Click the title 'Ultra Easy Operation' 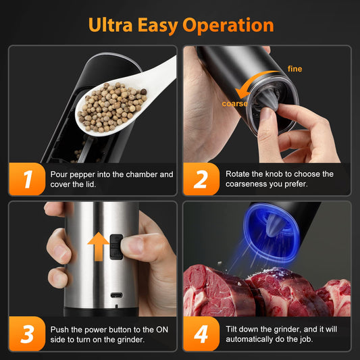tap(180, 25)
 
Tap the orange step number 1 tap(28, 180)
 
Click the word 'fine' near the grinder tap(294, 69)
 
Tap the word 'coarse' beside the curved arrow tap(234, 103)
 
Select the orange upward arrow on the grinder tap(99, 246)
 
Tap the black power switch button tap(116, 247)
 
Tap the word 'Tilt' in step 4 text tap(234, 329)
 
